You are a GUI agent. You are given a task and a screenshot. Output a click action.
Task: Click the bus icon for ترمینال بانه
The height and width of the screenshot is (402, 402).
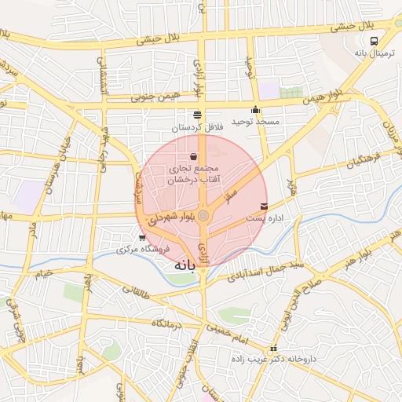375,41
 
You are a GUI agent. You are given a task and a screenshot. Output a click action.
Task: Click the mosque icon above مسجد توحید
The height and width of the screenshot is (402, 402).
255,111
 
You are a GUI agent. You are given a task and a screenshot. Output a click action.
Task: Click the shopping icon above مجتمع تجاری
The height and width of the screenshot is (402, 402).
193,157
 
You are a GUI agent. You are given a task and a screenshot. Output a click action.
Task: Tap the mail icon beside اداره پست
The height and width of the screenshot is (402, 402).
263,206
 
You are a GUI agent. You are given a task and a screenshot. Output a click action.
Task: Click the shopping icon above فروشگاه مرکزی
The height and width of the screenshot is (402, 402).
142,238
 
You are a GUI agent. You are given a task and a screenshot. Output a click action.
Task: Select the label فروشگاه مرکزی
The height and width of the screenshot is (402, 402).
133,250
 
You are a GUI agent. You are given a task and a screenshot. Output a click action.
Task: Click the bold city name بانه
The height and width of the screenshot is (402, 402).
182,265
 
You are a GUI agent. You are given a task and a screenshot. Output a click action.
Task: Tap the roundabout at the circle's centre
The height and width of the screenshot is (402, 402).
203,214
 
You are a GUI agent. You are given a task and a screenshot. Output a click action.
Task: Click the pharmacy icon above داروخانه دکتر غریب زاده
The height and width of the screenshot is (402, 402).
273,349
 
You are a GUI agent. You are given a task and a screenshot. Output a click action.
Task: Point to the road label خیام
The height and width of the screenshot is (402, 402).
42,272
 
